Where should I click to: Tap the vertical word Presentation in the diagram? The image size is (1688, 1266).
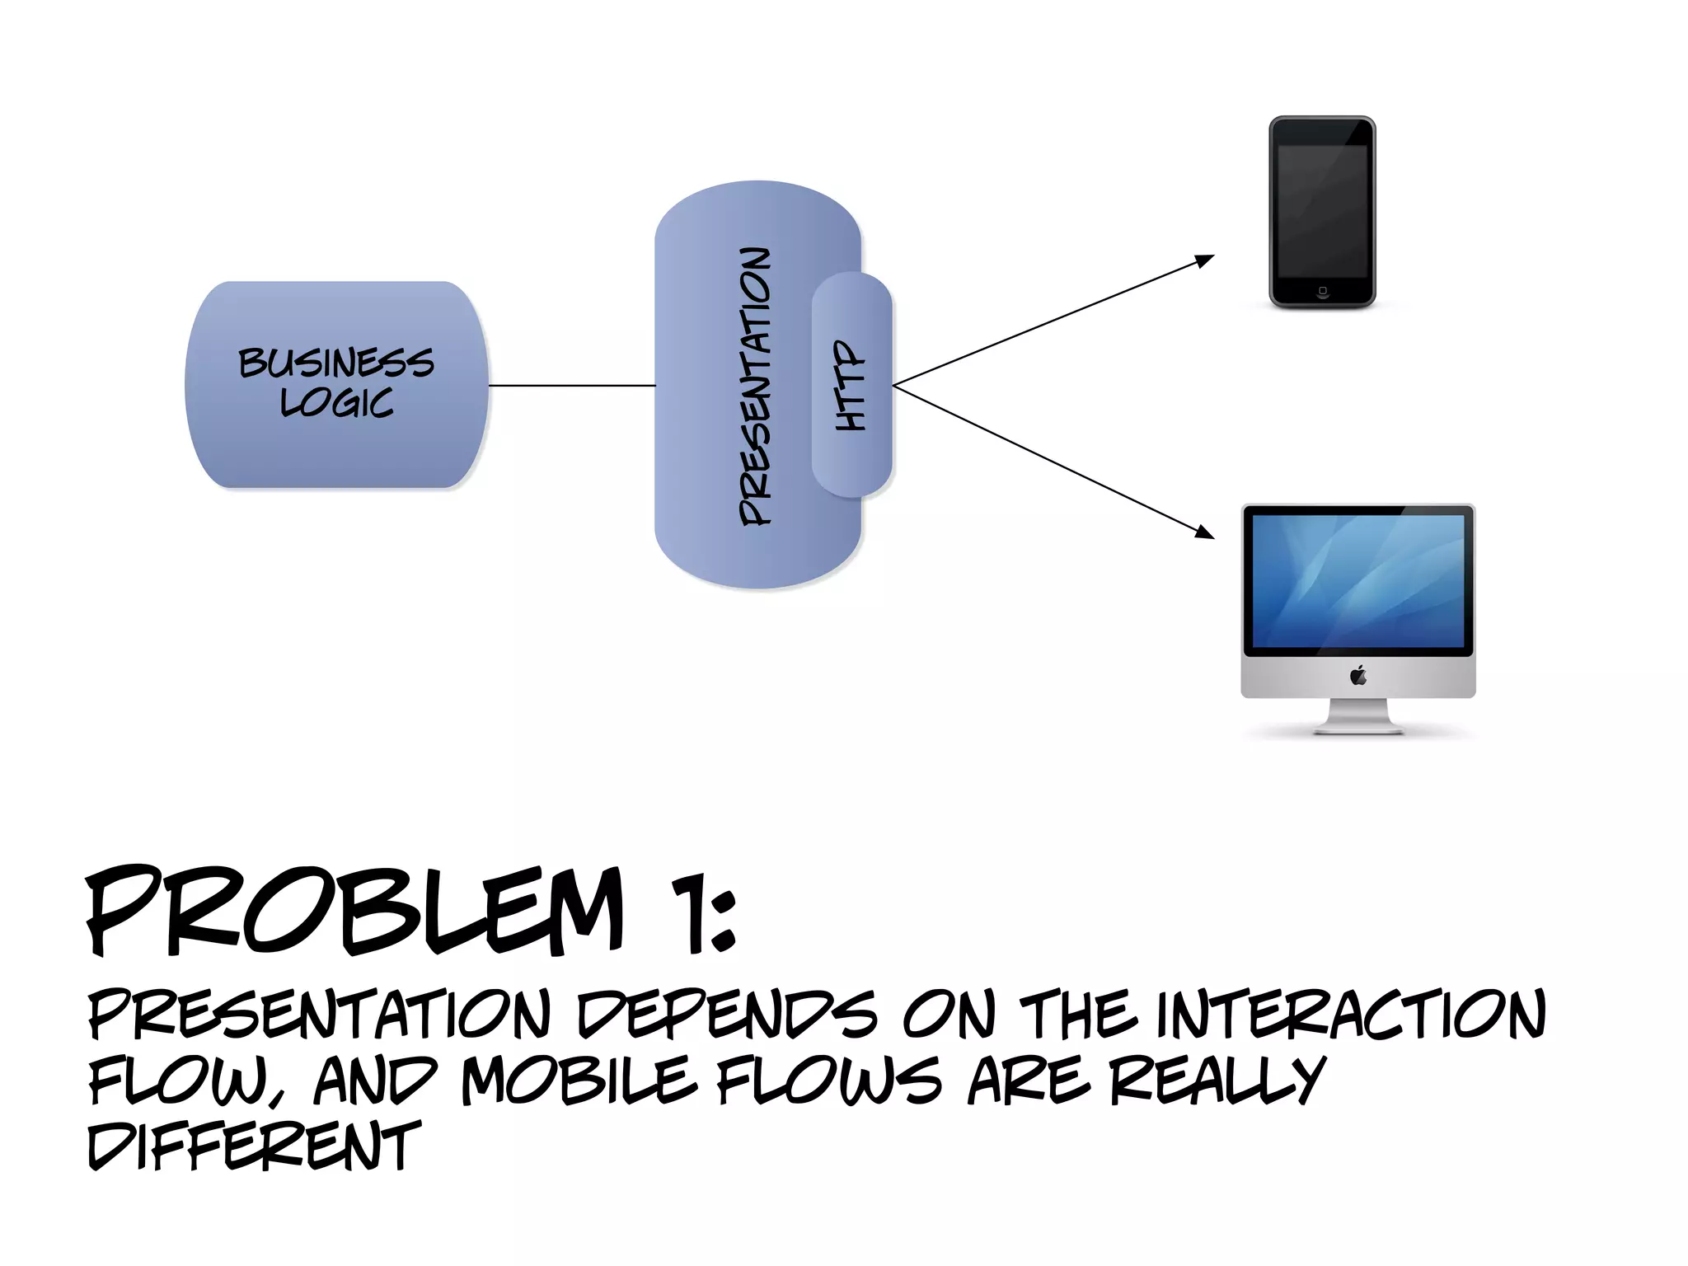tap(756, 386)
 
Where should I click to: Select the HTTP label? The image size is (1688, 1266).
tap(851, 386)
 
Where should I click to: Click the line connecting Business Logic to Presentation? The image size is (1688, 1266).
tap(572, 385)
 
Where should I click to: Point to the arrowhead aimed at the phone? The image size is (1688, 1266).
tap(1206, 260)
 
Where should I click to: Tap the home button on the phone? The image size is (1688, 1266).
tap(1322, 291)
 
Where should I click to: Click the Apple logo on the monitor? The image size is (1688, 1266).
tap(1358, 677)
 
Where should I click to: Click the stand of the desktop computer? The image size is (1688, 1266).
tap(1358, 717)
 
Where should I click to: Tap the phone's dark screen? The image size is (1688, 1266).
tap(1322, 213)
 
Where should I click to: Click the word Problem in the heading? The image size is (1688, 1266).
tap(354, 912)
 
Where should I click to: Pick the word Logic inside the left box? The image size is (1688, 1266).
tap(336, 402)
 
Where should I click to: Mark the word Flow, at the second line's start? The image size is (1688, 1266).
tap(186, 1081)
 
